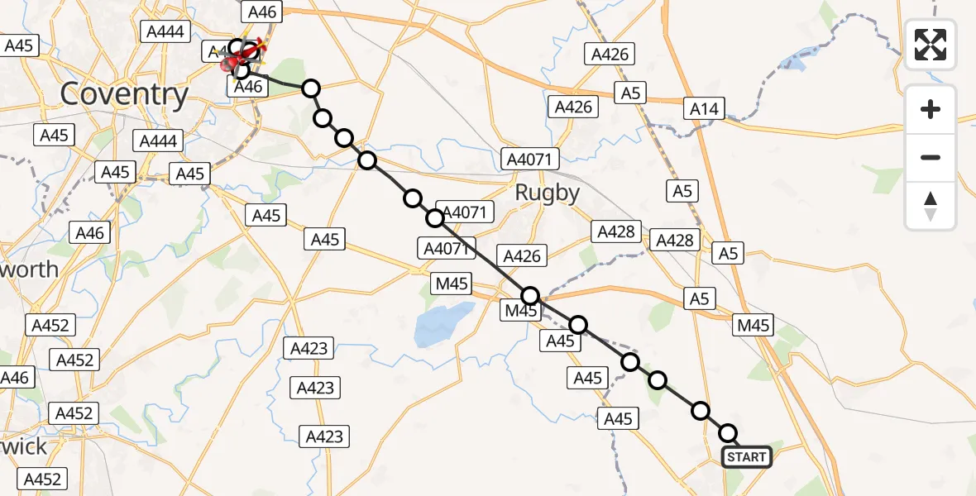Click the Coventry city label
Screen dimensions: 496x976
[125, 93]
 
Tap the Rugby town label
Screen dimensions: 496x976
[547, 193]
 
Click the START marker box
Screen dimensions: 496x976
[747, 457]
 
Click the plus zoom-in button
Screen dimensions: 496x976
[931, 109]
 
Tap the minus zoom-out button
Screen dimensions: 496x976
[931, 157]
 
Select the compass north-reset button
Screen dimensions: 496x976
[931, 206]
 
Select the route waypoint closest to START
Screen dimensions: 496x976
[728, 433]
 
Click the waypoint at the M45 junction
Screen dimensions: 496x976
[530, 296]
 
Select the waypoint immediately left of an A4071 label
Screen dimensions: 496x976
[434, 218]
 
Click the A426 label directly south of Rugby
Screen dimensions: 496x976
[521, 256]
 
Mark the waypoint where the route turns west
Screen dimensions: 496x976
[311, 88]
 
